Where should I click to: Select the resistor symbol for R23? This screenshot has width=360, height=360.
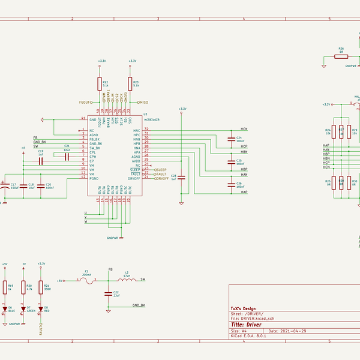[x=130, y=83]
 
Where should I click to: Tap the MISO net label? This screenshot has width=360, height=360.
[x=144, y=102]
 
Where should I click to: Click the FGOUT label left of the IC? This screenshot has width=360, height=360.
[x=86, y=102]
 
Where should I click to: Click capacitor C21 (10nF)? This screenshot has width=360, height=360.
[x=67, y=156]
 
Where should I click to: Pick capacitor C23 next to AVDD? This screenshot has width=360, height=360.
[x=182, y=177]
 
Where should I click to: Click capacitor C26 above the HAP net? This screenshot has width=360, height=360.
[x=232, y=185]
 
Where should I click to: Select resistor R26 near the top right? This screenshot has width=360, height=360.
[x=341, y=56]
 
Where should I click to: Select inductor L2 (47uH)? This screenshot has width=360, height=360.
[x=126, y=280]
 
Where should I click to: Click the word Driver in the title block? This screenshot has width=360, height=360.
[x=255, y=325]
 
